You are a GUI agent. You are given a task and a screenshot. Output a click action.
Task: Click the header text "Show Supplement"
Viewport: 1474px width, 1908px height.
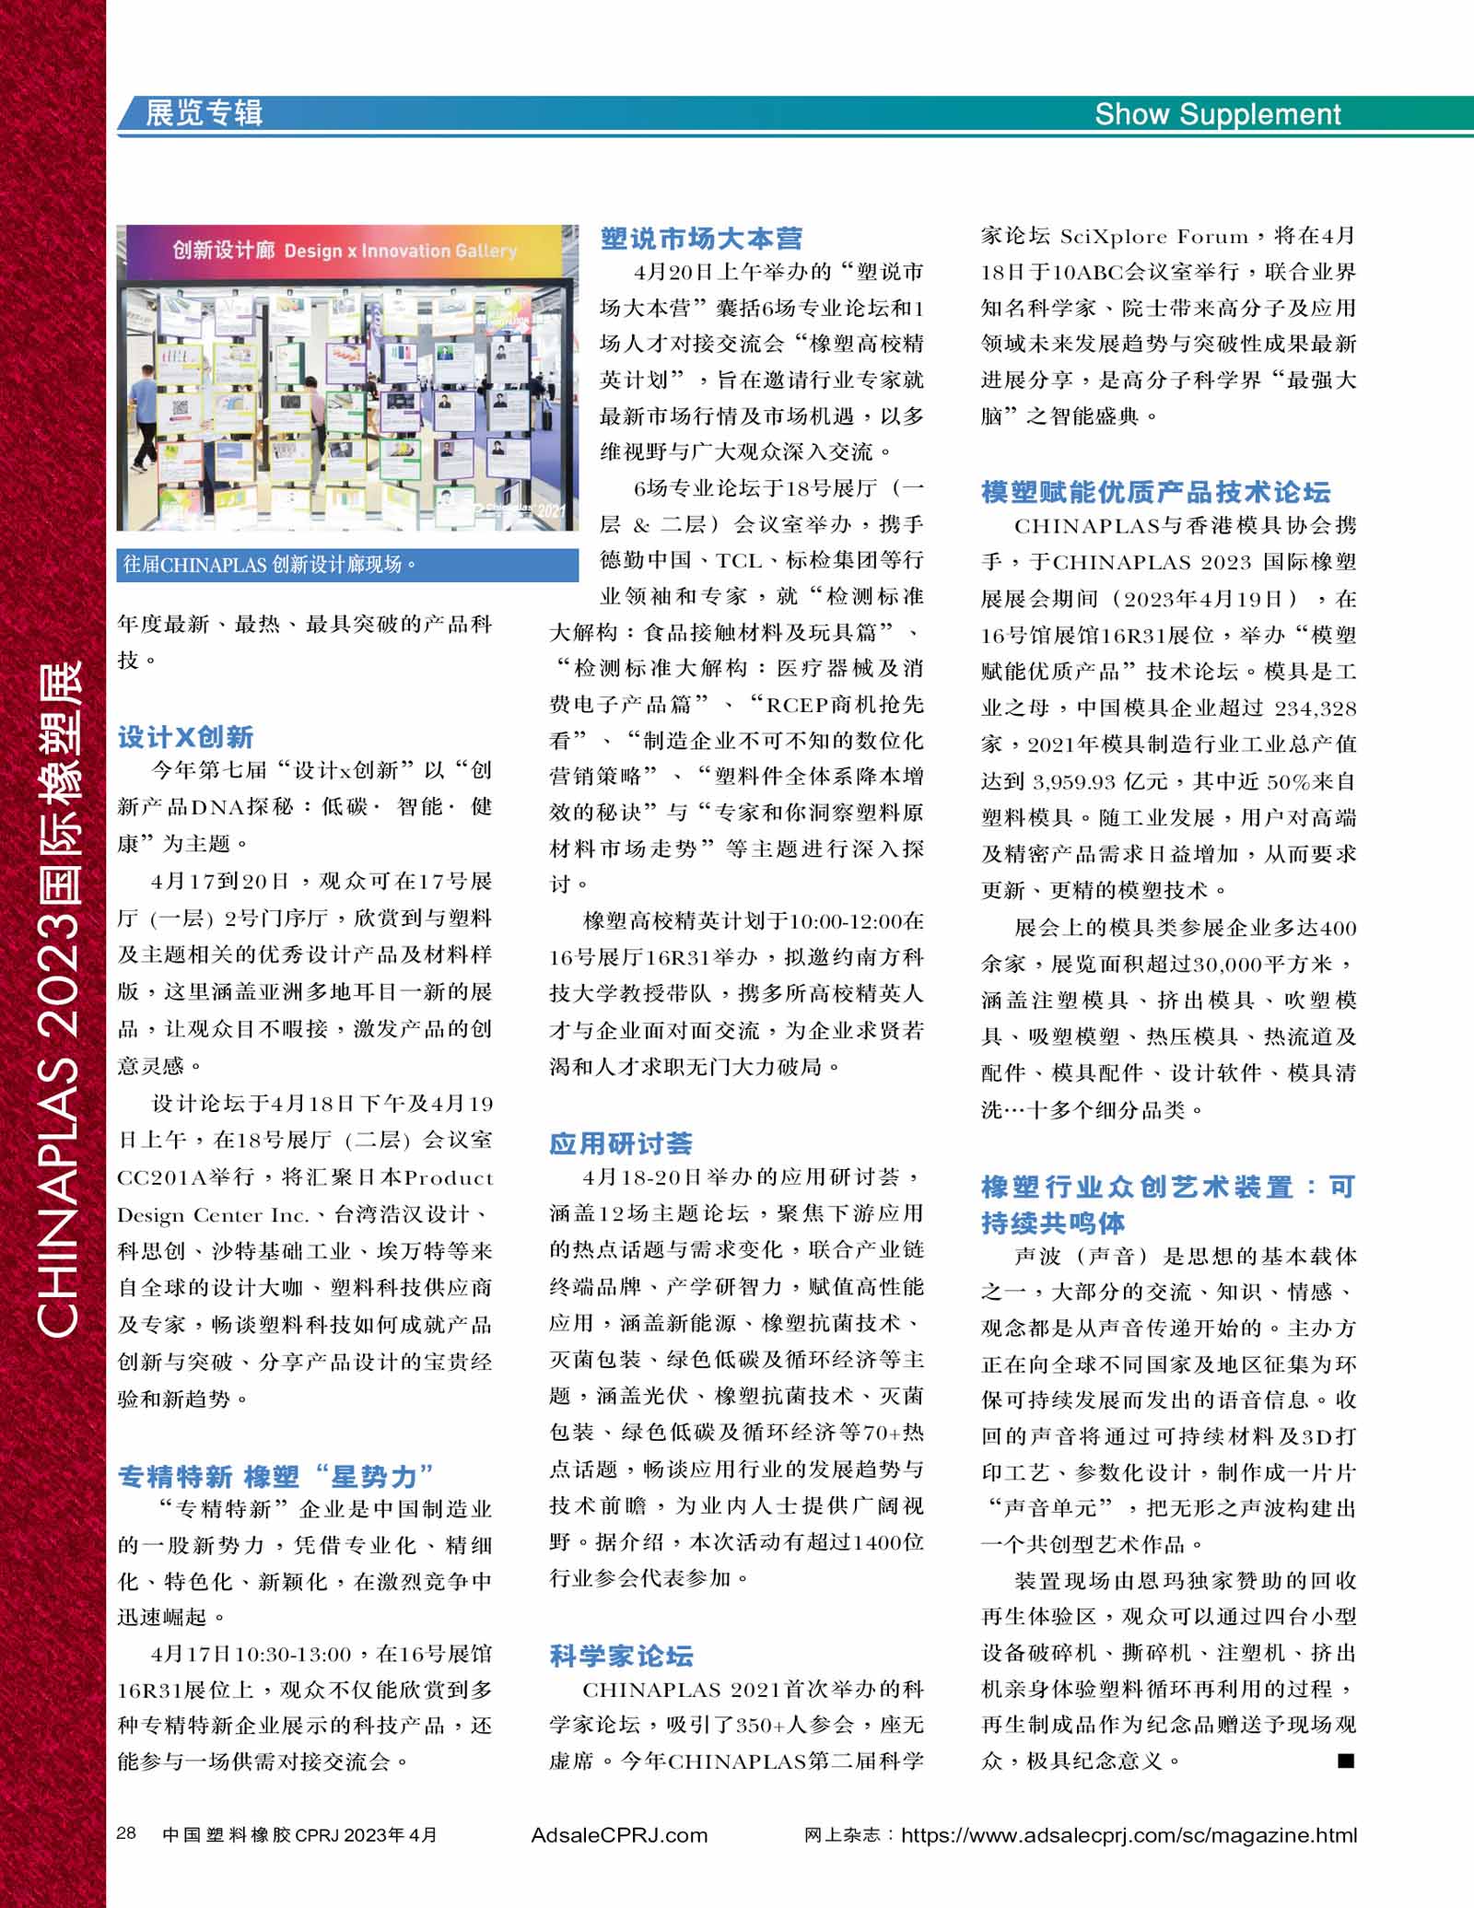pyautogui.click(x=1217, y=114)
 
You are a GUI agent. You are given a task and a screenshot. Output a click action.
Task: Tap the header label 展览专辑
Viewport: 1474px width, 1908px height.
pyautogui.click(x=204, y=113)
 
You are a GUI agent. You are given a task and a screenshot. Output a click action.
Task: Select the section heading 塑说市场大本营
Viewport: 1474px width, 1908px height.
pyautogui.click(x=701, y=239)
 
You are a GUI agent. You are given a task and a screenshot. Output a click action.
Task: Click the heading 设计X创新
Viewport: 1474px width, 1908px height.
pyautogui.click(x=185, y=737)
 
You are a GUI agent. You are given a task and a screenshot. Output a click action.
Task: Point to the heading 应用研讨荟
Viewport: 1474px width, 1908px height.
pyautogui.click(x=621, y=1143)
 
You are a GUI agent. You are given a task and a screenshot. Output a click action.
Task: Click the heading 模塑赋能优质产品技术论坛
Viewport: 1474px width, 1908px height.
pyautogui.click(x=1155, y=492)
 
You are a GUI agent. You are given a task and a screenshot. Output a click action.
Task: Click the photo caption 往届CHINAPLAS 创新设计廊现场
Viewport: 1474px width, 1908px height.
pyautogui.click(x=269, y=565)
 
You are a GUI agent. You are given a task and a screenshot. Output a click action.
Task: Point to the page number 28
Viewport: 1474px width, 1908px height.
pyautogui.click(x=126, y=1832)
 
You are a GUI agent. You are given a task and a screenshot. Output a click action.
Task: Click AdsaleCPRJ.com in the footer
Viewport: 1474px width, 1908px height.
pyautogui.click(x=619, y=1834)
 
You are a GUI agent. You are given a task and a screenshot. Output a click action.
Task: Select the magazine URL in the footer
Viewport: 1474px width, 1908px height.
pyautogui.click(x=1129, y=1834)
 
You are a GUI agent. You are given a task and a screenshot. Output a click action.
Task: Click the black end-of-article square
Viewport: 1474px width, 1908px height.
pyautogui.click(x=1346, y=1761)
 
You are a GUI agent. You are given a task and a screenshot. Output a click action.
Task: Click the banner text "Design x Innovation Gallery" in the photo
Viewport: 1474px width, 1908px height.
pyautogui.click(x=400, y=251)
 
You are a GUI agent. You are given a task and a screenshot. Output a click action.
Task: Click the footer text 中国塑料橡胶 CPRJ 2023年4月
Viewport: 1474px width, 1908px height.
pyautogui.click(x=299, y=1834)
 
